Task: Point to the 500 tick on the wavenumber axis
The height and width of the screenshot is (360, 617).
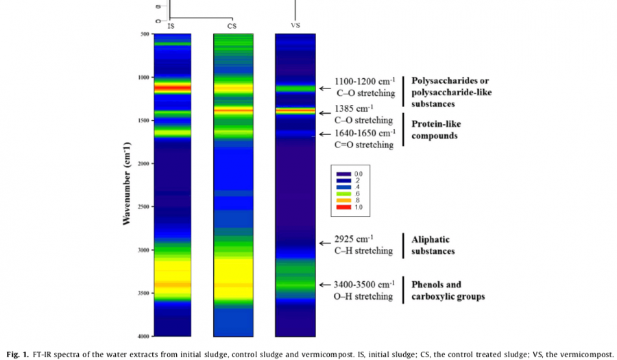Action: pyautogui.click(x=145, y=34)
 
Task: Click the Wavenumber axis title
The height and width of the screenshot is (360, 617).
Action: pyautogui.click(x=126, y=184)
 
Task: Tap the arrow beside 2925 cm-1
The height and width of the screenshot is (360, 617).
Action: pyautogui.click(x=324, y=243)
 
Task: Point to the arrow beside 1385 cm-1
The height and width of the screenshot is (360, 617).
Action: pyautogui.click(x=324, y=112)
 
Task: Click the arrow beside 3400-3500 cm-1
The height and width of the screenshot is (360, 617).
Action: pyautogui.click(x=324, y=285)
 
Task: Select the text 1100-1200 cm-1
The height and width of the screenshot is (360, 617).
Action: pyautogui.click(x=365, y=82)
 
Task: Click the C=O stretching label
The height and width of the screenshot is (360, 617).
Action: pyautogui.click(x=364, y=145)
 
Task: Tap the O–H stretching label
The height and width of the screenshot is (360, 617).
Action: pyautogui.click(x=364, y=297)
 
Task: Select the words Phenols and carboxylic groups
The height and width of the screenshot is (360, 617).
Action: pyautogui.click(x=447, y=291)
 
